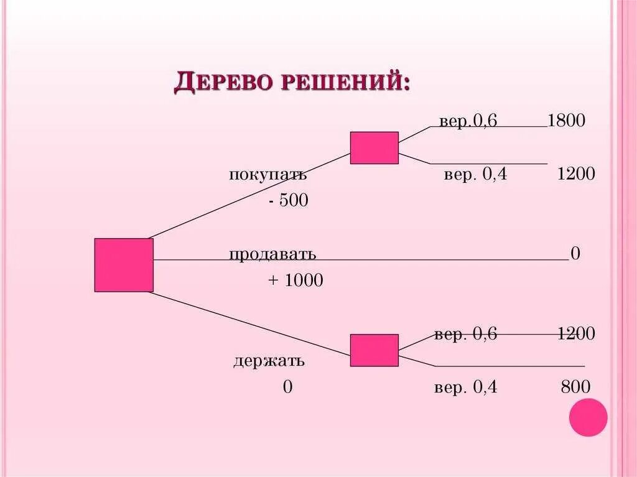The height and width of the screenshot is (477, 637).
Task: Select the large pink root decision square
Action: (124, 265)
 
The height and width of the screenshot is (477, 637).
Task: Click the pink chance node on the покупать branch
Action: (374, 148)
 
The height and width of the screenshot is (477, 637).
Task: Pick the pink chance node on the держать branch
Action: (374, 350)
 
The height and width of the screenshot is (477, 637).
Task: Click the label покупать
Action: (268, 175)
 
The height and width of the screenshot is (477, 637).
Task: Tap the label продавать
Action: (272, 254)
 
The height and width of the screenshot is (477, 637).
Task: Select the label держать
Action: (269, 361)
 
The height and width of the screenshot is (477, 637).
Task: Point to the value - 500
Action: (289, 201)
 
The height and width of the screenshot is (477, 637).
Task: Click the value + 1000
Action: (295, 281)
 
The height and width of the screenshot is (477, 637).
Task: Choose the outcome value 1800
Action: (566, 121)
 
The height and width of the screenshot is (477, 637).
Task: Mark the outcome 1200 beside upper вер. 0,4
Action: (576, 175)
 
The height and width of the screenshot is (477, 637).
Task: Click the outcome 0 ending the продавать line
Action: (575, 254)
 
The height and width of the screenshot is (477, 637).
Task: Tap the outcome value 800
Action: (575, 387)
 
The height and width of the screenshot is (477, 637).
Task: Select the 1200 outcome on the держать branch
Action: (576, 334)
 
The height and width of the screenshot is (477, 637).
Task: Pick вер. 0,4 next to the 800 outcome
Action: (466, 388)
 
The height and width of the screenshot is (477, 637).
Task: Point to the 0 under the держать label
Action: (287, 387)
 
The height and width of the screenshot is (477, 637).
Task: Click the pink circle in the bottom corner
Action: (588, 417)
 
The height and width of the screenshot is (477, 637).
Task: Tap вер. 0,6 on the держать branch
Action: (466, 335)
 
